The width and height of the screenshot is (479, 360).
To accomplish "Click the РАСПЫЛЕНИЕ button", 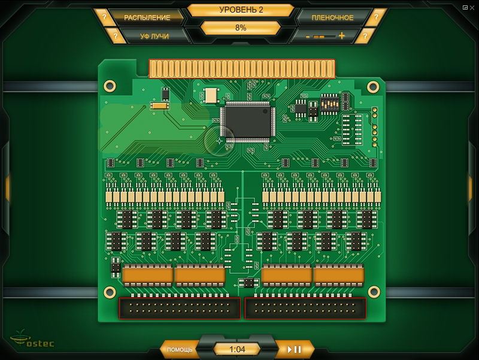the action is tap(147, 17).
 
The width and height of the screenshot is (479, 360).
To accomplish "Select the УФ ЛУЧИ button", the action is tap(154, 36).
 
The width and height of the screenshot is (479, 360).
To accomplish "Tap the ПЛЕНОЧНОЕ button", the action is tap(332, 17).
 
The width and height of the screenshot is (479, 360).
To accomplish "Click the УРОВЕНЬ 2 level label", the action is tap(241, 10).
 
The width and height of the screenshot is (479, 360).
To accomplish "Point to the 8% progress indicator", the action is tap(241, 28).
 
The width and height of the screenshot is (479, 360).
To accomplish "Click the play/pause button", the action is tap(295, 349).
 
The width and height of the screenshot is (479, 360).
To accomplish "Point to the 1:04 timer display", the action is tap(237, 349).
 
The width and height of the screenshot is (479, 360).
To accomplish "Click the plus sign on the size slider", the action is tap(342, 36).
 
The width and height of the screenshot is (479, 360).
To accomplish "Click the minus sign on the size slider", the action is tap(308, 37).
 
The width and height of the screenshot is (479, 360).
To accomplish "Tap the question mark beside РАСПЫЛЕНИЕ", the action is tap(104, 17).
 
